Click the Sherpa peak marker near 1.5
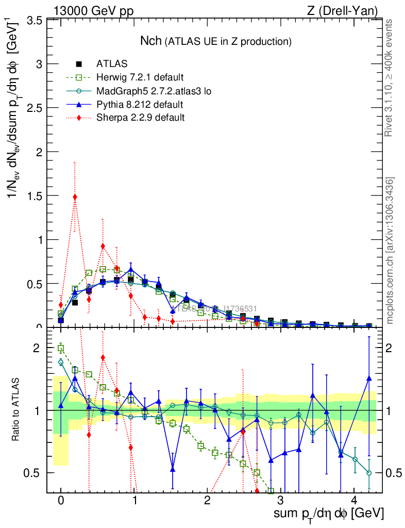tap(75, 197)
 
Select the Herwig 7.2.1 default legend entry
tap(140, 78)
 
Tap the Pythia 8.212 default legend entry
tap(139, 105)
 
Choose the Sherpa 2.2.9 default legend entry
tap(140, 118)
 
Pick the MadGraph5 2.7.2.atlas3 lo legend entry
tap(154, 91)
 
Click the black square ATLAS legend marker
tap(79, 64)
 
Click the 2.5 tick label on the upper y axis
tap(36, 108)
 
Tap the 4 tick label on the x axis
tap(354, 501)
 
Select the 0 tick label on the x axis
tap(61, 501)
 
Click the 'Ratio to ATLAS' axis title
tap(16, 409)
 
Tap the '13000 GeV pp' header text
tap(93, 11)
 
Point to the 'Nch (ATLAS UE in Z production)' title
tap(216, 41)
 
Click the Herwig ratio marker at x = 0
tap(61, 349)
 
